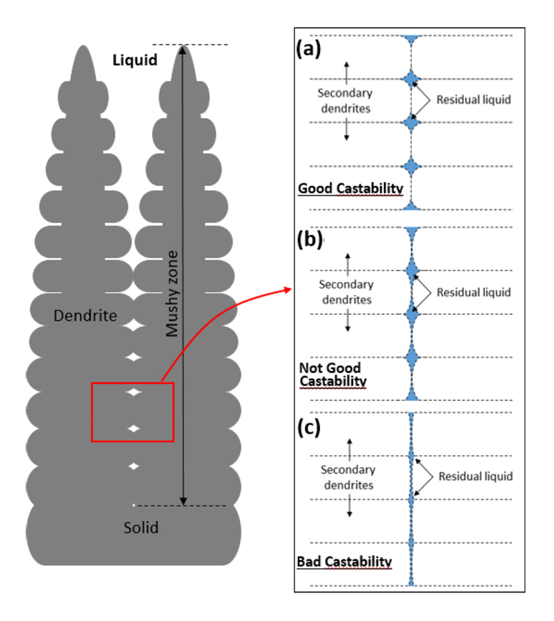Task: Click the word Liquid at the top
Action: [135, 60]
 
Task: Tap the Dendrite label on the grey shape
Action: [85, 316]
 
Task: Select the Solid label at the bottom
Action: [140, 527]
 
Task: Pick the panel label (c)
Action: [309, 429]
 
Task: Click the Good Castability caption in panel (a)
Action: [350, 189]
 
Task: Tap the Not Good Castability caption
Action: [332, 374]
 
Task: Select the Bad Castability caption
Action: [344, 562]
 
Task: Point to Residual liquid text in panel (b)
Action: [473, 292]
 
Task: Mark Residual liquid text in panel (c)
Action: [475, 476]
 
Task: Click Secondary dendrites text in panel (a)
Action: [344, 101]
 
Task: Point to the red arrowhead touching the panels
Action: [289, 290]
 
